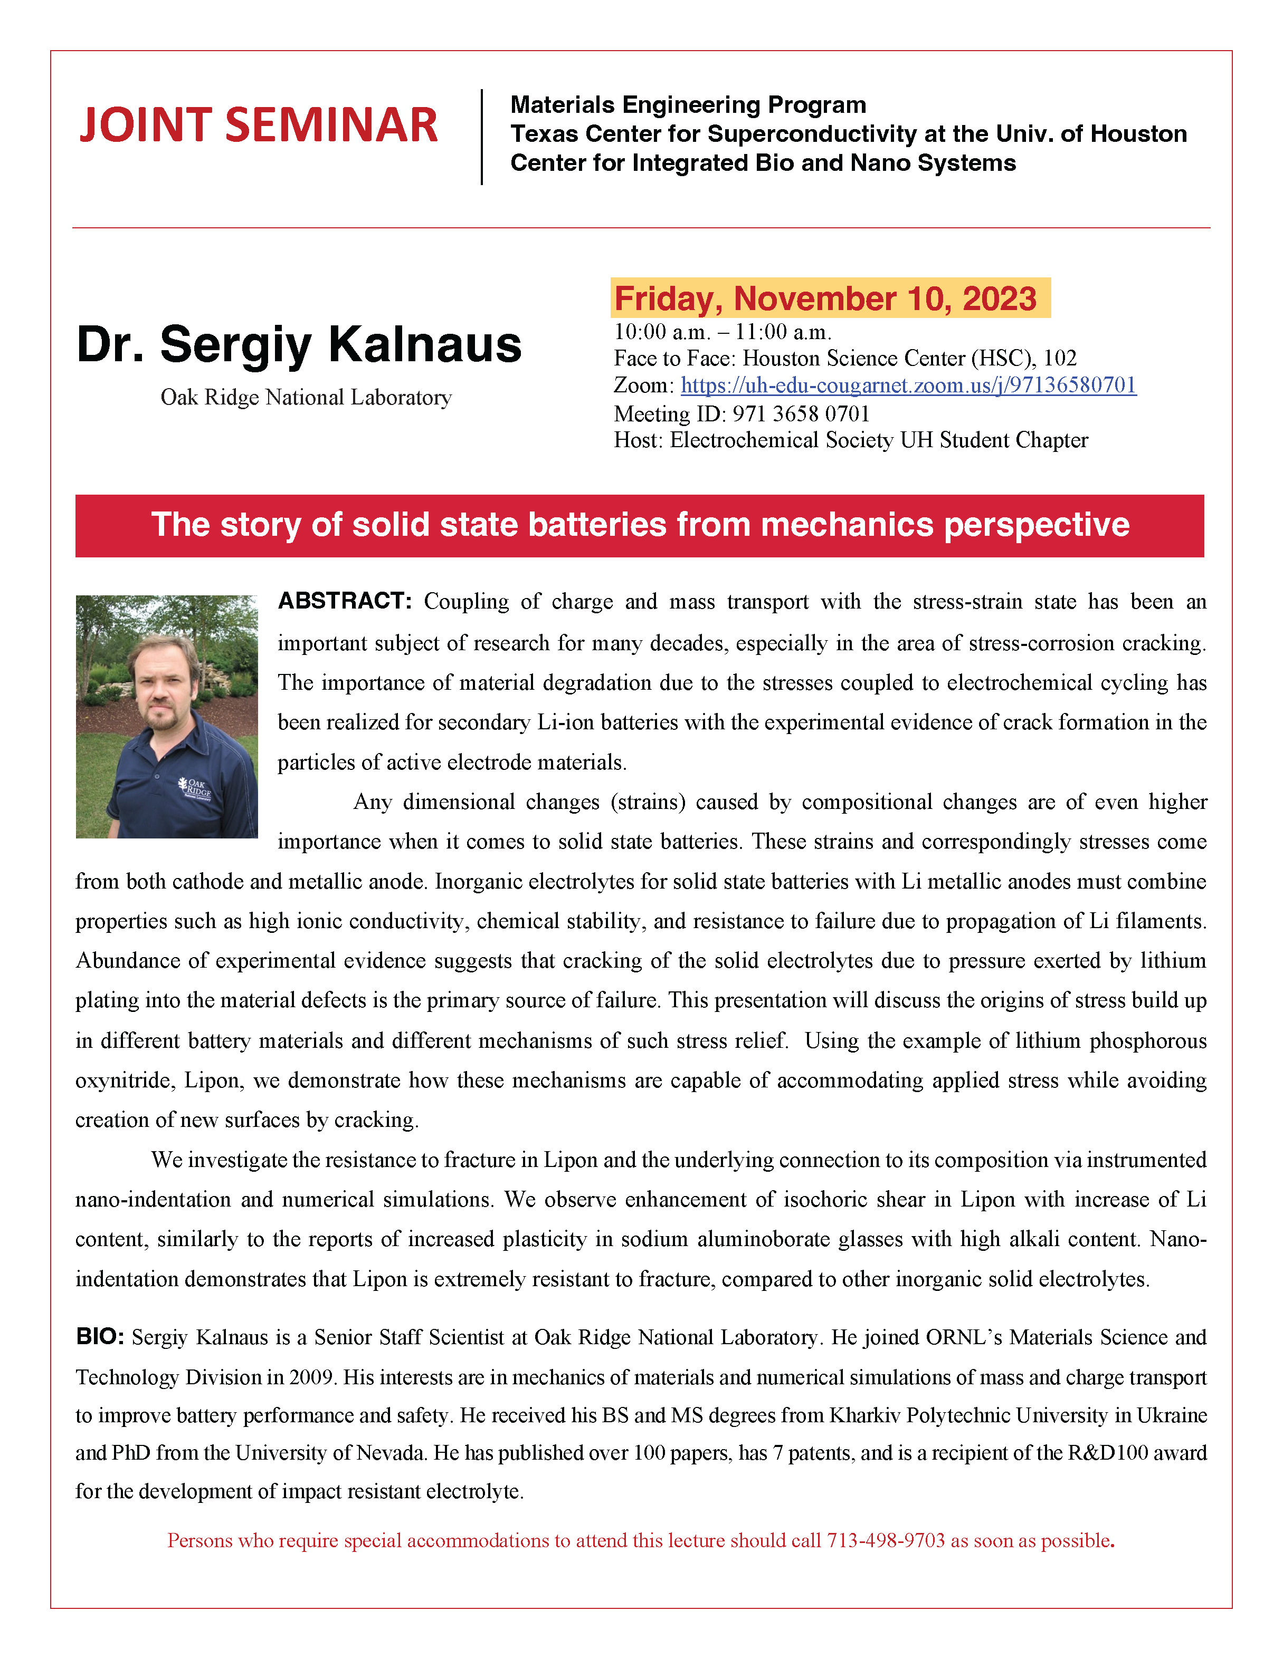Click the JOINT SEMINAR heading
(259, 126)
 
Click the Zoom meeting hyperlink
(908, 386)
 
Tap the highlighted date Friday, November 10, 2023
(826, 298)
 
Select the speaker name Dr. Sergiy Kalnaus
(299, 344)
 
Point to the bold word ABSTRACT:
(344, 601)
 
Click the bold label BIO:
(100, 1337)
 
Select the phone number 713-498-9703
(886, 1540)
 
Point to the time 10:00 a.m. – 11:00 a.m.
(722, 332)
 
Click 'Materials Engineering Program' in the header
(688, 105)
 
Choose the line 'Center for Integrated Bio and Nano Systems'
(762, 163)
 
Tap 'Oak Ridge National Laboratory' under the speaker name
(306, 397)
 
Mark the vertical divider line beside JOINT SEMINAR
(482, 137)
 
